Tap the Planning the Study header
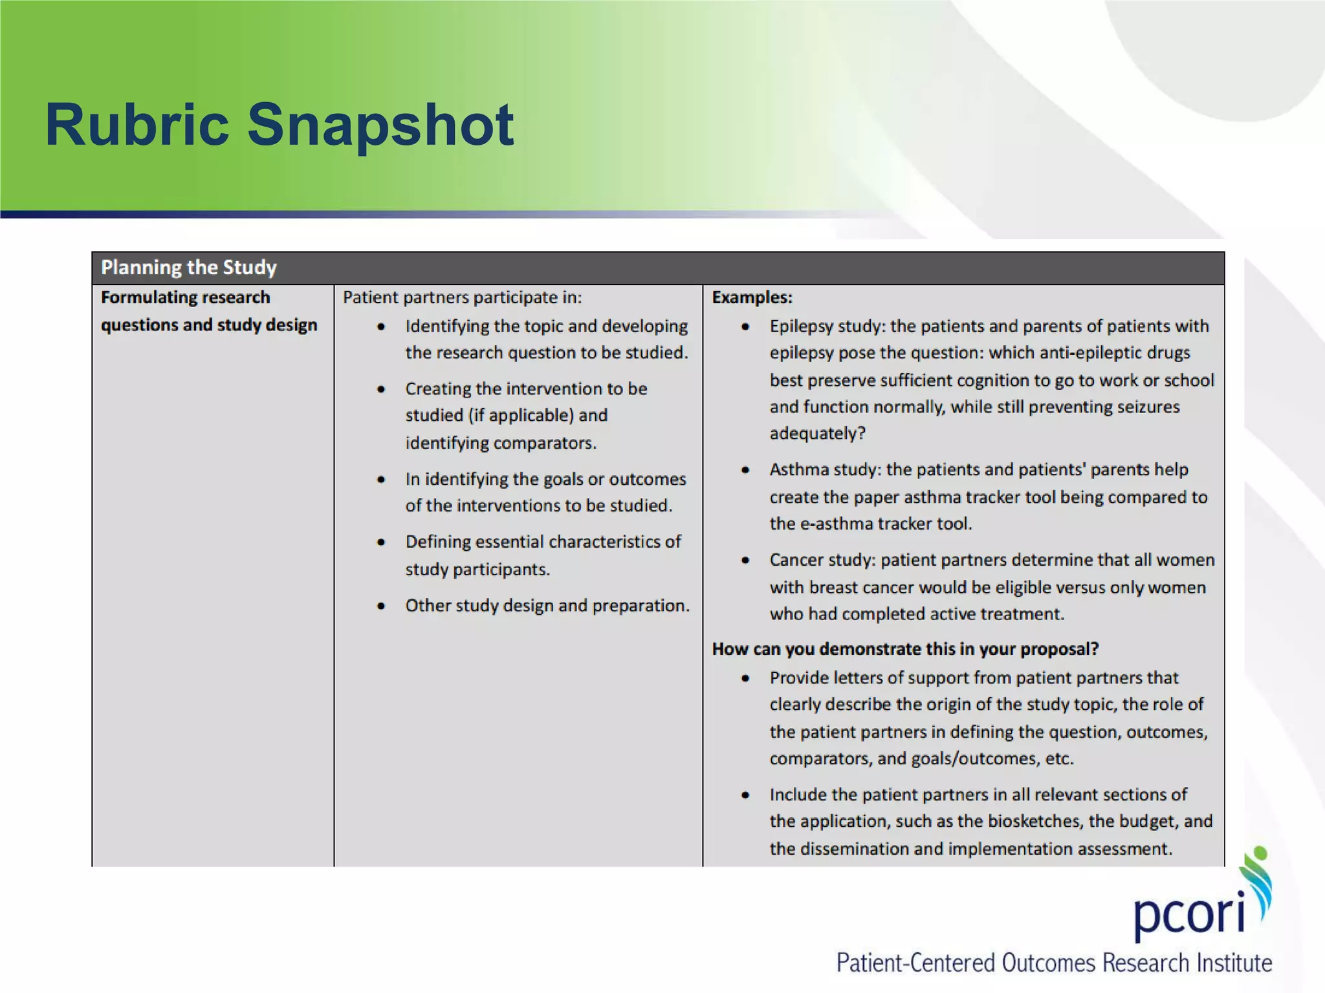tap(189, 268)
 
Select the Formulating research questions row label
tap(208, 311)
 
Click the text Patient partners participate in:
tap(462, 297)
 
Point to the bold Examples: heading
tap(752, 297)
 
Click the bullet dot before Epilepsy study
tap(745, 326)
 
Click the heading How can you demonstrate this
tap(905, 649)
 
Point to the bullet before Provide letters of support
tap(745, 678)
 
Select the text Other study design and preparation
tap(547, 606)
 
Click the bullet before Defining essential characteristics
tap(381, 542)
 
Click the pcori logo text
tap(1189, 915)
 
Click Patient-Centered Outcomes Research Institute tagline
tap(1054, 963)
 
